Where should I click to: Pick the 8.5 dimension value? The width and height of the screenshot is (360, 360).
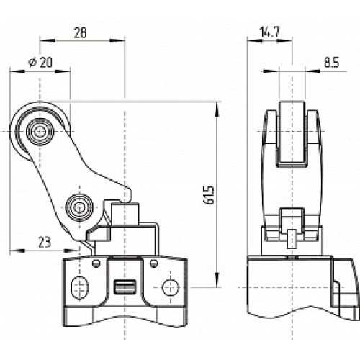[x=331, y=63]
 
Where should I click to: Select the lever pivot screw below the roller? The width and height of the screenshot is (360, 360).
[x=77, y=207]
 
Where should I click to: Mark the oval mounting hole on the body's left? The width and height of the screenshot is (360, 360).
[x=78, y=285]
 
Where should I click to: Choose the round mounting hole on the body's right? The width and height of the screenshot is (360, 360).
[x=168, y=285]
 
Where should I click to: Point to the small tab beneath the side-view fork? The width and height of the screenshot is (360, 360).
[x=291, y=237]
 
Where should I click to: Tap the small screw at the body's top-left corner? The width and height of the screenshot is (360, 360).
[x=94, y=262]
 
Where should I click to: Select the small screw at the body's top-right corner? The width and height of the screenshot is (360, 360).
[x=153, y=262]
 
